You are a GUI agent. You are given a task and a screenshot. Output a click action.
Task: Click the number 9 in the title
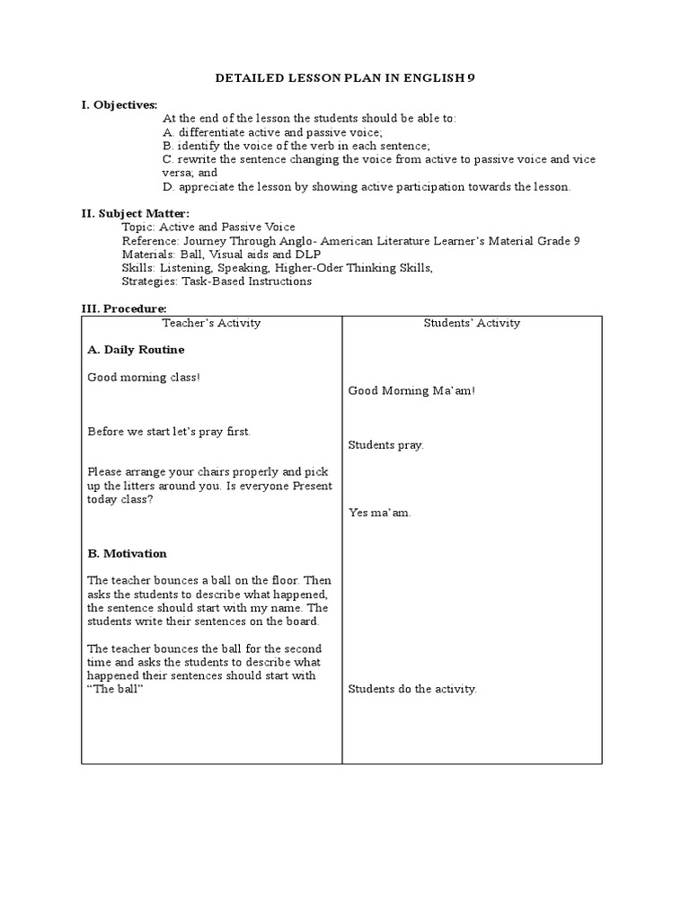click(x=472, y=78)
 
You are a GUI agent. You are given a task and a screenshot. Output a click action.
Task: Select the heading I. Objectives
click(x=119, y=105)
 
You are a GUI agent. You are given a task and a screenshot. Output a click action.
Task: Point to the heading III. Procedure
click(x=124, y=308)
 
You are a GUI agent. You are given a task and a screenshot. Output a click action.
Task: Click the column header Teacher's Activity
click(x=211, y=322)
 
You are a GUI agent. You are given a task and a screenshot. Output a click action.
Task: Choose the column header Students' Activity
click(x=472, y=323)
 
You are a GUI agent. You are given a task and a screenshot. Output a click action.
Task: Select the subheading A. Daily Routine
click(x=136, y=349)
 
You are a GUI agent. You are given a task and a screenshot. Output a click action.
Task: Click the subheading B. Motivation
click(x=127, y=553)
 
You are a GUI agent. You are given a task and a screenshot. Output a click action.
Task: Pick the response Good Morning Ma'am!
click(x=411, y=390)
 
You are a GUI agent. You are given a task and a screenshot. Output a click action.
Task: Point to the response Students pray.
click(x=385, y=444)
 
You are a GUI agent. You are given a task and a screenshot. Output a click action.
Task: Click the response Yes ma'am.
click(x=380, y=513)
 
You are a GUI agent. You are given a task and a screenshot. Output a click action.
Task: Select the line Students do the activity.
click(x=412, y=689)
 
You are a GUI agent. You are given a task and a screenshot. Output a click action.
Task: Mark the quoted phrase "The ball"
click(x=116, y=689)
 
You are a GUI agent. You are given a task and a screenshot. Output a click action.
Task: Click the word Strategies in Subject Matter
click(x=149, y=281)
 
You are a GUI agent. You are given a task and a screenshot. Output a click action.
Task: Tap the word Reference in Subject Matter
click(x=149, y=240)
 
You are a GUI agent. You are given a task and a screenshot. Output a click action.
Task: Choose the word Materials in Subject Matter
click(x=147, y=254)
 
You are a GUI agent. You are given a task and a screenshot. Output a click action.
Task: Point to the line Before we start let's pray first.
click(x=169, y=432)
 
